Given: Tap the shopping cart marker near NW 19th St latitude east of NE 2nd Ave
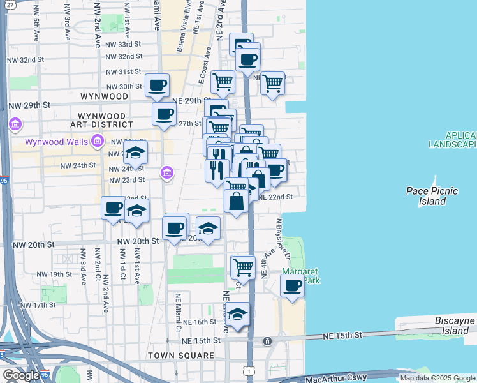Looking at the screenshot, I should pos(242,266).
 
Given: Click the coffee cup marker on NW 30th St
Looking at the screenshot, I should pos(157,85).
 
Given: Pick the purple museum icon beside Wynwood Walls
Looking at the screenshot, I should pos(98,141).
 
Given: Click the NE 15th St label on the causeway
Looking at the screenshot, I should pos(342,335).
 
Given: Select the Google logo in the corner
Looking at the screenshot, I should pos(20,375).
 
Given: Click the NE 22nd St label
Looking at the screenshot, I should pos(275,197).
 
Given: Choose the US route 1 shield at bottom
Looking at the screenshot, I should pos(247,370).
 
